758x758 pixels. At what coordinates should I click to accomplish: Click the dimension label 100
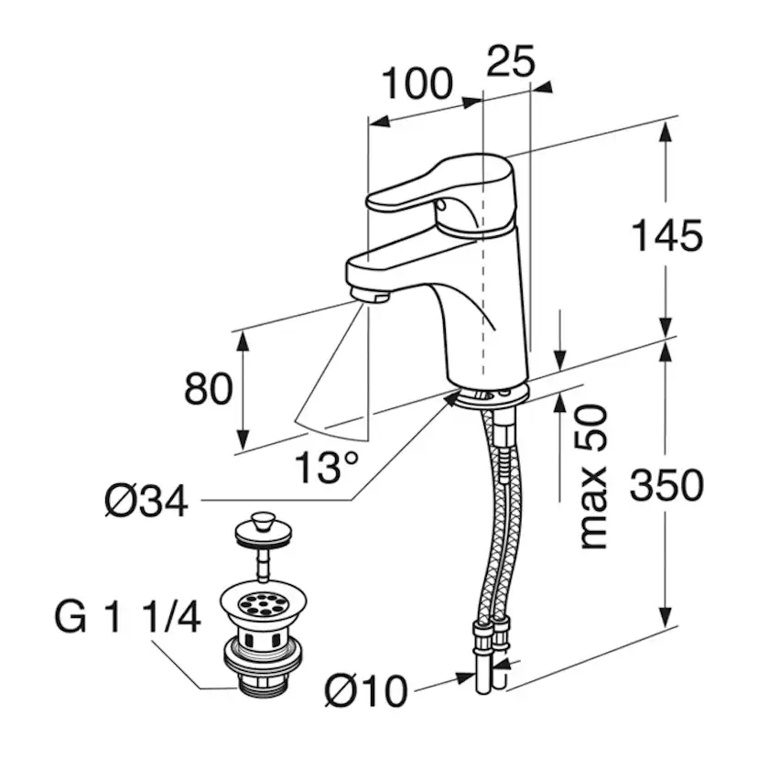click(417, 83)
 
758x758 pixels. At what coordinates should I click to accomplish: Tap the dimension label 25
click(511, 61)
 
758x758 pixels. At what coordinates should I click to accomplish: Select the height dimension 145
click(667, 235)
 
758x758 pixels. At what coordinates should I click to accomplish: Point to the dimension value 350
click(666, 485)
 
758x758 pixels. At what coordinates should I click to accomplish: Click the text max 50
click(593, 477)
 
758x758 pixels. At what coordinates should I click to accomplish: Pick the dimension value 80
click(209, 389)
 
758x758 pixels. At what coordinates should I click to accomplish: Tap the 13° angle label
click(327, 467)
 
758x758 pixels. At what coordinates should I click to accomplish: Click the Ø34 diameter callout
click(146, 502)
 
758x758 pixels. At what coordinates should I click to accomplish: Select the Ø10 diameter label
click(366, 691)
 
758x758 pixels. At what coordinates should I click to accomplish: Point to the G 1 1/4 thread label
click(127, 617)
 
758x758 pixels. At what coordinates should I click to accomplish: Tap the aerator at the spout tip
click(370, 294)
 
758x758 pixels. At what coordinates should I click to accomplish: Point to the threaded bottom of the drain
click(263, 683)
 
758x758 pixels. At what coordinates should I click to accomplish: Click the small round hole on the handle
click(441, 206)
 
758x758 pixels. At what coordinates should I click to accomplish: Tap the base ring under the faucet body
click(492, 395)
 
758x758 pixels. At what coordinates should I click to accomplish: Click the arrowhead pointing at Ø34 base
click(451, 398)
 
